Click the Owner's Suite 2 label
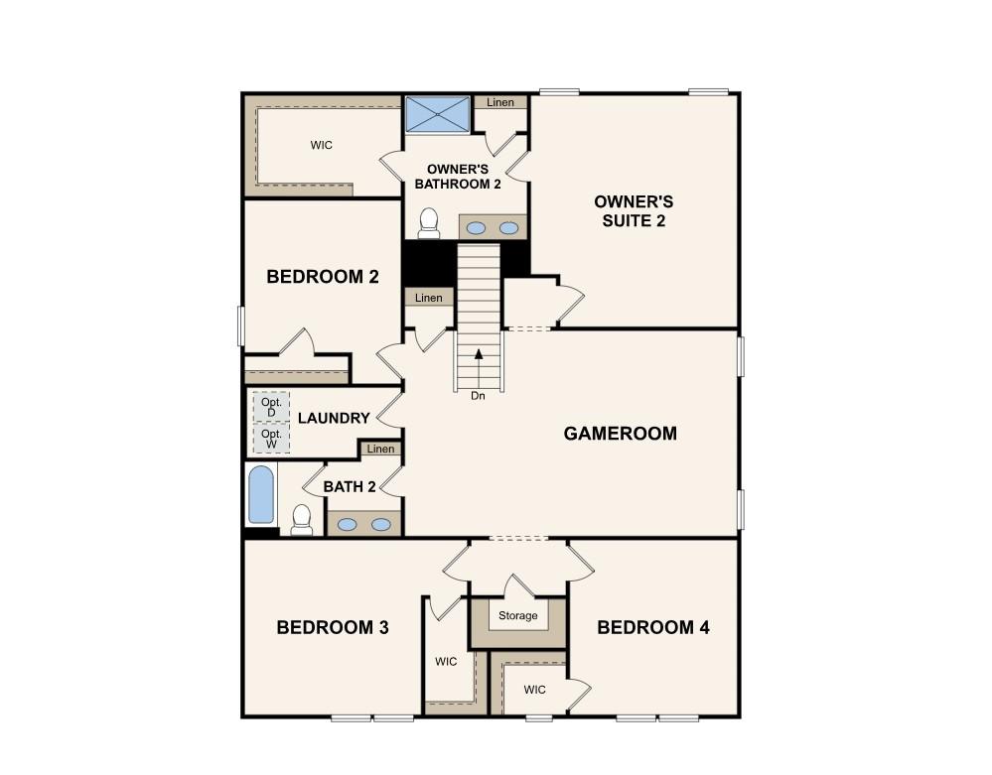pyautogui.click(x=634, y=211)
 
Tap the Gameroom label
pyautogui.click(x=620, y=434)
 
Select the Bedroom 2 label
pyautogui.click(x=323, y=277)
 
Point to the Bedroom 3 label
pyautogui.click(x=333, y=628)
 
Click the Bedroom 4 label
pyautogui.click(x=653, y=628)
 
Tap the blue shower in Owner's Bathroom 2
pyautogui.click(x=437, y=114)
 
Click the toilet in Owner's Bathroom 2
pyautogui.click(x=429, y=224)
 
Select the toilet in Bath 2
pyautogui.click(x=302, y=520)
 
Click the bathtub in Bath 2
pyautogui.click(x=260, y=495)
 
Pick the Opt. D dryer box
pyautogui.click(x=271, y=407)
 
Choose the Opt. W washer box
pyautogui.click(x=271, y=438)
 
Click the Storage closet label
pyautogui.click(x=518, y=615)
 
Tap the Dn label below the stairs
pyautogui.click(x=478, y=396)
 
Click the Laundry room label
pyautogui.click(x=334, y=419)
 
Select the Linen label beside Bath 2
pyautogui.click(x=381, y=449)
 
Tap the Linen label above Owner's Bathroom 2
pyautogui.click(x=500, y=102)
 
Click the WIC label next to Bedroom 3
pyautogui.click(x=446, y=662)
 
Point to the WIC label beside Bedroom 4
pyautogui.click(x=534, y=690)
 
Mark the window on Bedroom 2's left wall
pyautogui.click(x=241, y=326)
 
